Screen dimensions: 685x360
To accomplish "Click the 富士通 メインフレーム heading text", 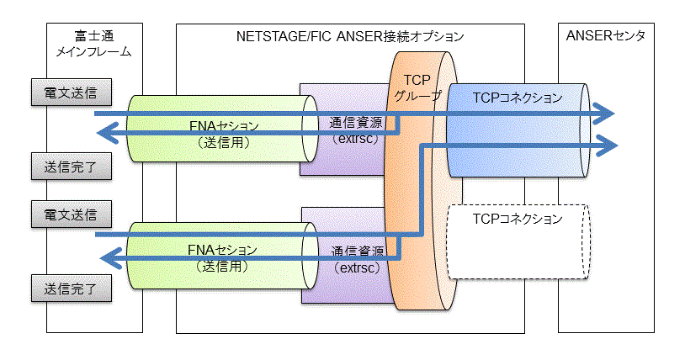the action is [x=94, y=44].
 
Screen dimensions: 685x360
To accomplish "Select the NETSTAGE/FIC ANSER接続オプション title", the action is [x=350, y=36].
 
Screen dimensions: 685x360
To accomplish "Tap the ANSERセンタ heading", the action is [x=606, y=35].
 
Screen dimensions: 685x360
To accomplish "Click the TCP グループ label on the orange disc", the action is [x=417, y=87].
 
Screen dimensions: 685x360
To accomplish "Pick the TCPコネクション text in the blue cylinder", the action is [x=518, y=98].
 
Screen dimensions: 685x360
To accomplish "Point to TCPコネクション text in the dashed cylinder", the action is [x=518, y=219].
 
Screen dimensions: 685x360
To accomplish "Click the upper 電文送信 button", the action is [x=72, y=93].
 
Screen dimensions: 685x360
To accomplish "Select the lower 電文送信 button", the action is [x=72, y=214].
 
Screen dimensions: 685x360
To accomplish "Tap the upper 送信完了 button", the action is [x=72, y=167].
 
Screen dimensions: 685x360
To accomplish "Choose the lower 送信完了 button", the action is [x=72, y=289].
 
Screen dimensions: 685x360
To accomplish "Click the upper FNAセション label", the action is [x=224, y=126].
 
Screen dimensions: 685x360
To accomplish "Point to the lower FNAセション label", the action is [x=222, y=250].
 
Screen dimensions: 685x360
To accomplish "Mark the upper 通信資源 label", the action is [x=356, y=123].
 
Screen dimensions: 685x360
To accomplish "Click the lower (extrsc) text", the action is [x=357, y=267].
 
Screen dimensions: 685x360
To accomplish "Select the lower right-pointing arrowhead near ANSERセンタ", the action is [x=608, y=146].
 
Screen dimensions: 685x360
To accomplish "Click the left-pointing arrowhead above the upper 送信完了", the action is [x=108, y=133].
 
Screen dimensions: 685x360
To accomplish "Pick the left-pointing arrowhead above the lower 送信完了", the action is [x=111, y=258].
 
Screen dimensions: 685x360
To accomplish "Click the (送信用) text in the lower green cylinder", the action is [x=222, y=266].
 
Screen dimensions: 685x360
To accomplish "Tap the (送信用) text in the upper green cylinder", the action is [x=224, y=142].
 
